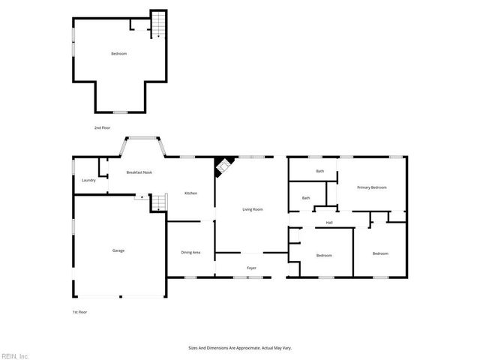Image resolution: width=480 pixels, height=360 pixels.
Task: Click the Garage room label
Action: [118, 250]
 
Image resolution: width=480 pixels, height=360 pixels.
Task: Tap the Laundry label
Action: [88, 181]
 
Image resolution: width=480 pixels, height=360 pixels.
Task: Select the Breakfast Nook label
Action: [139, 173]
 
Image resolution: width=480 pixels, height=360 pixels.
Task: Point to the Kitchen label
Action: [191, 193]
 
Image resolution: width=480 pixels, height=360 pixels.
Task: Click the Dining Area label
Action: [190, 252]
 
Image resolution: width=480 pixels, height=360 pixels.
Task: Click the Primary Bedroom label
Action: [371, 187]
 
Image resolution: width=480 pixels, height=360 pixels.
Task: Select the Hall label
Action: [329, 223]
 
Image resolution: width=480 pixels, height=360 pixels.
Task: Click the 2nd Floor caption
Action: [102, 128]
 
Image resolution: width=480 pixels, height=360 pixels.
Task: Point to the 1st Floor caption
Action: [79, 312]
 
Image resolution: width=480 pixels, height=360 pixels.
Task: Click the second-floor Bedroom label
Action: [118, 54]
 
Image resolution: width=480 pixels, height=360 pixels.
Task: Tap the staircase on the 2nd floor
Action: [158, 24]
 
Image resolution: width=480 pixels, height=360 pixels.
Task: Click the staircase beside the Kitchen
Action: [157, 202]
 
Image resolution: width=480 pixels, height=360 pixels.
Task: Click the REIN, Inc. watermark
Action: [15, 355]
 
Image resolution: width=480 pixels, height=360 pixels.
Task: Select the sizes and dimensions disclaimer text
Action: [239, 348]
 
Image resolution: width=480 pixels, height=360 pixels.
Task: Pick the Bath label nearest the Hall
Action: [306, 198]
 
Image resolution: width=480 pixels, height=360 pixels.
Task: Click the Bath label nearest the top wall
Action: [320, 171]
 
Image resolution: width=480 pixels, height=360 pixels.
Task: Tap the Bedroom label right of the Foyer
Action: [324, 256]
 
